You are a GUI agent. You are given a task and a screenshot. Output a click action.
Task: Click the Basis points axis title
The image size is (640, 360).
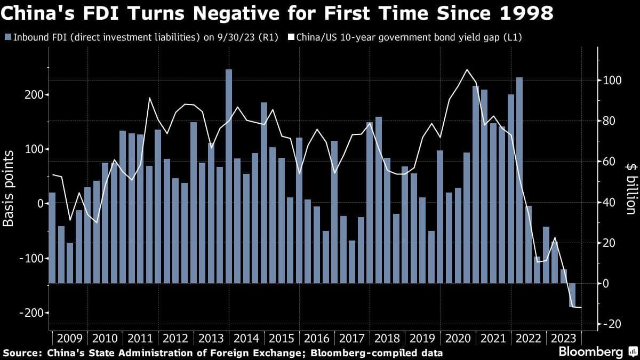pyautogui.click(x=9, y=188)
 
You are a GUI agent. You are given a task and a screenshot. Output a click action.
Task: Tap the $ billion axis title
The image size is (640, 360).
pyautogui.click(x=631, y=188)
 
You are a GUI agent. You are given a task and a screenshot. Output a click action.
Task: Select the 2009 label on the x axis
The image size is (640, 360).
pyautogui.click(x=69, y=339)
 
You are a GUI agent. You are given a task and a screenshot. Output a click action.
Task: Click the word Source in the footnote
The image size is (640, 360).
pyautogui.click(x=21, y=353)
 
